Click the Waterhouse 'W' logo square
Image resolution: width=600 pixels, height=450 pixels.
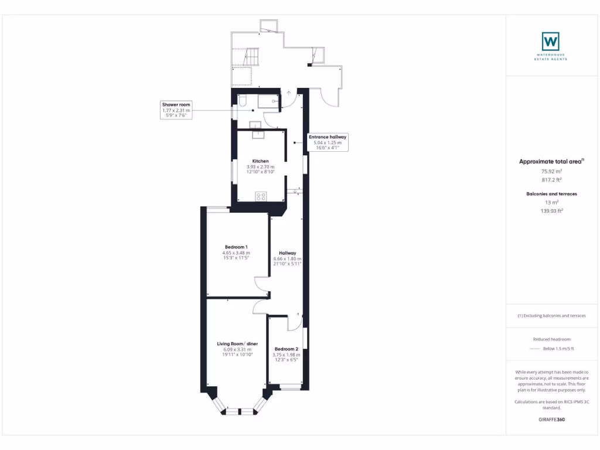point(550,41)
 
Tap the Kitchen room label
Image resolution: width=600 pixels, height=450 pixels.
point(260,161)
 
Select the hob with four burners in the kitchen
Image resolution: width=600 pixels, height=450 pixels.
point(261,196)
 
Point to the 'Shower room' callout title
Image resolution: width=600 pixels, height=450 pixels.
point(176,105)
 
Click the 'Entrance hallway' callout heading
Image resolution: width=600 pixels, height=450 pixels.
point(328,137)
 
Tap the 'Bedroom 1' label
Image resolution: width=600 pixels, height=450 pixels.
point(236,247)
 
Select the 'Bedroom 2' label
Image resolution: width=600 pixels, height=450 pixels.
point(287,349)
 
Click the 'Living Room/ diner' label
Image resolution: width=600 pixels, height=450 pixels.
point(237,344)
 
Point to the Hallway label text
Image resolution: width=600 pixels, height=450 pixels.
point(287,253)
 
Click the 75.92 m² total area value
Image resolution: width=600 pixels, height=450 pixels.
point(551,171)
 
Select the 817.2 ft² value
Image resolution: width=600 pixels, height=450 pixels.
point(551,180)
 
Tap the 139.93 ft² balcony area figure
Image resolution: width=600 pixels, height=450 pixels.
point(551,210)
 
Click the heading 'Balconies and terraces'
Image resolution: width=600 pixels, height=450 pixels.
point(551,194)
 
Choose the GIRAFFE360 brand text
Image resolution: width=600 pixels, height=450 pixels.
point(551,420)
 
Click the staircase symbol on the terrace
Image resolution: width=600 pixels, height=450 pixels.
point(251,58)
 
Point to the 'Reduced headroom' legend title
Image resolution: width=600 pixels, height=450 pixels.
point(551,339)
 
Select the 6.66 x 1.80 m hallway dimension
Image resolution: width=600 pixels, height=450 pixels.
point(287,258)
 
